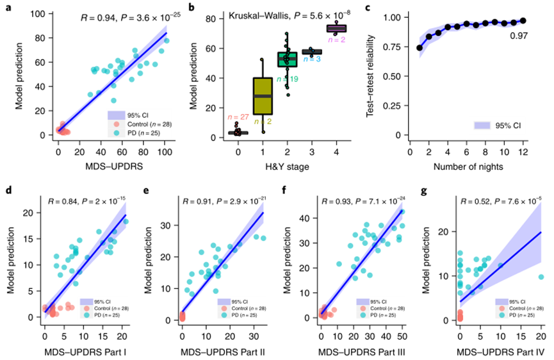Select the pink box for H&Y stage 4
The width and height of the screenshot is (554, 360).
coord(336,28)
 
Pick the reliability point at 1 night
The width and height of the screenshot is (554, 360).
coord(420,47)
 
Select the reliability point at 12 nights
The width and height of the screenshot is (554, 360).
coord(523,20)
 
